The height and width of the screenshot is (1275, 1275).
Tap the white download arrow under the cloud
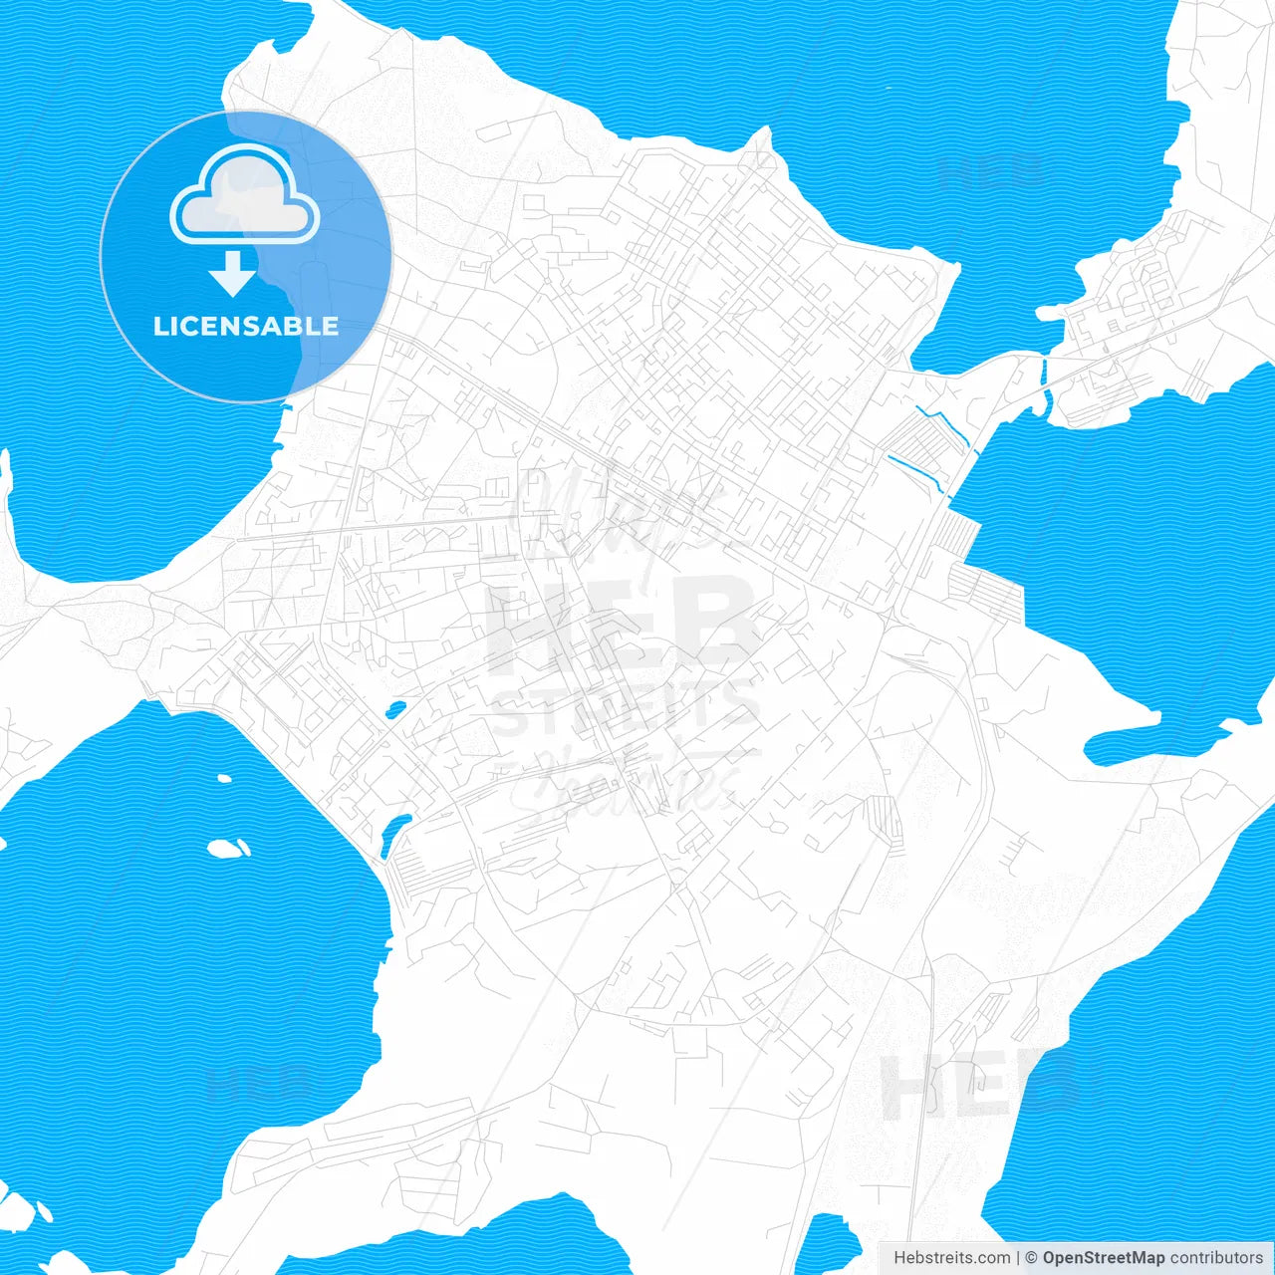pos(233,272)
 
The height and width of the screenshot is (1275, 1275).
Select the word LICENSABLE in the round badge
pos(245,326)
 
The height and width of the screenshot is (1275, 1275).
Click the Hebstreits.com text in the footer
pos(951,1258)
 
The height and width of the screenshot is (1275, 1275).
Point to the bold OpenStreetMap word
pos(1103,1258)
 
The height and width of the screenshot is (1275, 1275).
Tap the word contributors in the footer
pos(1215,1258)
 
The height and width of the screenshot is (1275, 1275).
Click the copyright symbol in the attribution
pos(1031,1258)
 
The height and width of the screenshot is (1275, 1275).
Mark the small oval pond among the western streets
pos(395,710)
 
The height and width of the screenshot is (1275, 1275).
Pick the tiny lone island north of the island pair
pos(224,779)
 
